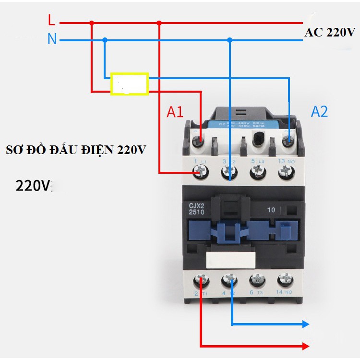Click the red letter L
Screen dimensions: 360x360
click(x=51, y=20)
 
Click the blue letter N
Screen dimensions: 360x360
click(x=52, y=39)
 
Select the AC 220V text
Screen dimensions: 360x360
click(x=329, y=33)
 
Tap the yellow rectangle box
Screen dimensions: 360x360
click(x=129, y=84)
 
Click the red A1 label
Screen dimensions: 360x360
click(x=175, y=112)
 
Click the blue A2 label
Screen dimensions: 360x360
click(x=319, y=111)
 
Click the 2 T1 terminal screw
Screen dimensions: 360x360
click(x=201, y=280)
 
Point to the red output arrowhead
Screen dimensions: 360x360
click(x=305, y=346)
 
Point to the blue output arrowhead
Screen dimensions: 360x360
click(x=305, y=324)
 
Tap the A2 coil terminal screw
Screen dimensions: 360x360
click(x=288, y=141)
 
